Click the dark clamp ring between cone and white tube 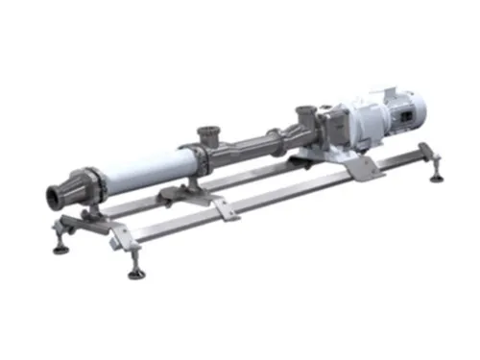tap(95, 183)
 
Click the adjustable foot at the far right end tap(438, 175)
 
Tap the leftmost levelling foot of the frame tap(60, 247)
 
